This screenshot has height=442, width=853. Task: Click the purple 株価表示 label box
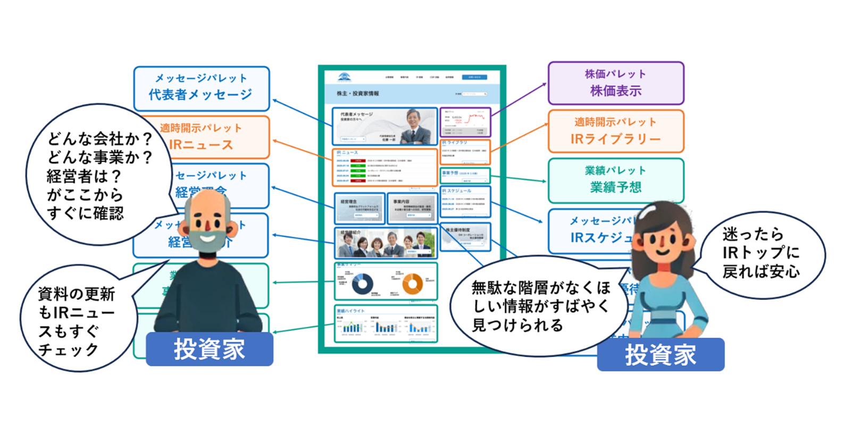(x=615, y=83)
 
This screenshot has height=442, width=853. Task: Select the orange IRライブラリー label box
(x=615, y=131)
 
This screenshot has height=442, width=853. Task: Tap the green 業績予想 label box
(x=615, y=180)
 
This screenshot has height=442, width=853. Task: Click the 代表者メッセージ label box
(x=201, y=88)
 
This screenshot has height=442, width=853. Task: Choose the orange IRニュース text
(x=201, y=145)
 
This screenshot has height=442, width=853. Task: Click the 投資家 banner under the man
(x=210, y=349)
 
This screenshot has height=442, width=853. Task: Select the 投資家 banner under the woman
(x=660, y=355)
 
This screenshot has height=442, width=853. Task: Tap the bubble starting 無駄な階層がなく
(x=537, y=306)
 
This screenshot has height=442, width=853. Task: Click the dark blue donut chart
(x=362, y=283)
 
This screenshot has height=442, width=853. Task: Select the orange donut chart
(x=412, y=283)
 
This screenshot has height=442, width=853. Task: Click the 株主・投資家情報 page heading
(x=357, y=94)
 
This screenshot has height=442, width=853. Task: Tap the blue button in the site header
(x=474, y=77)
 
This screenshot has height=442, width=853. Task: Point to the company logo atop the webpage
(x=345, y=78)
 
